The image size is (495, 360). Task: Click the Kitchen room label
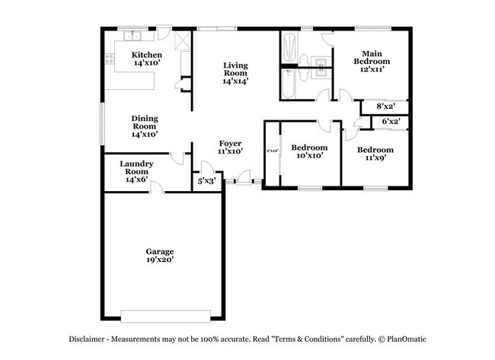(x=147, y=55)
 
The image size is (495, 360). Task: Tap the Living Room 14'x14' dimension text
(x=235, y=81)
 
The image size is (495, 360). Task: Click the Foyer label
(x=230, y=143)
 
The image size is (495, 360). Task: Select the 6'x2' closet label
(x=390, y=121)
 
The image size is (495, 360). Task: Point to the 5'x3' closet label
(x=206, y=182)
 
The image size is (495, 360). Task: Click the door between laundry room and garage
(x=155, y=188)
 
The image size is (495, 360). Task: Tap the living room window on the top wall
(x=217, y=29)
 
